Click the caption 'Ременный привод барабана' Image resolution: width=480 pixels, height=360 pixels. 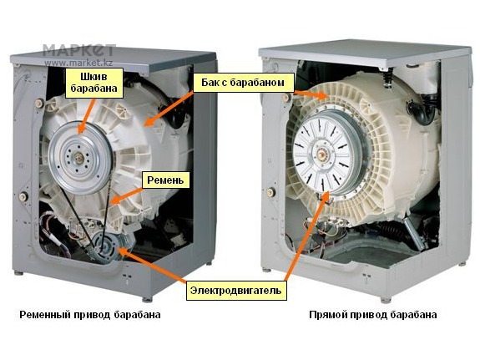(x=89, y=315)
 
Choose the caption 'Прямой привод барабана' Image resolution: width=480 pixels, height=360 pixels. (x=372, y=315)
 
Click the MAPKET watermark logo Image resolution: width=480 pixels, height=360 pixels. (x=78, y=50)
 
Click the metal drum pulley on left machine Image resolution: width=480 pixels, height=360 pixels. (x=79, y=159)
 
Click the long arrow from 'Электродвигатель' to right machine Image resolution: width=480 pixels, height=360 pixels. (x=306, y=237)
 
